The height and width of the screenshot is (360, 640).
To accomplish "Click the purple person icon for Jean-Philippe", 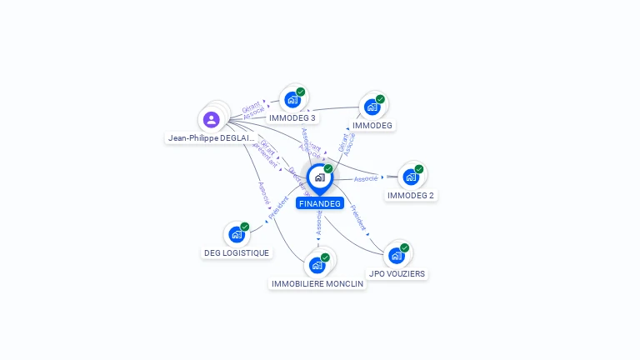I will pyautogui.click(x=212, y=119).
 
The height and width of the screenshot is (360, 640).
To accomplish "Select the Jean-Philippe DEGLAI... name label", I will pyautogui.click(x=211, y=138).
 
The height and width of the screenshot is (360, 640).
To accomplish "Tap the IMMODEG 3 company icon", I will pyautogui.click(x=292, y=100).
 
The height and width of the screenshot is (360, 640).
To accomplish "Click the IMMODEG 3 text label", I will pyautogui.click(x=292, y=118).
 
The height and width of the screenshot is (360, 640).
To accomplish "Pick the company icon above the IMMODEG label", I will pyautogui.click(x=372, y=107).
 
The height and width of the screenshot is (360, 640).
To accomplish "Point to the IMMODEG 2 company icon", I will pyautogui.click(x=410, y=177).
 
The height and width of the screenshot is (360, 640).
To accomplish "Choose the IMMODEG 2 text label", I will pyautogui.click(x=411, y=196).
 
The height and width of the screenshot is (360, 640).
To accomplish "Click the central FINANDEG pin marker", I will pyautogui.click(x=319, y=177).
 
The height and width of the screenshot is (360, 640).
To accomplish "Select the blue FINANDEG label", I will pyautogui.click(x=319, y=203).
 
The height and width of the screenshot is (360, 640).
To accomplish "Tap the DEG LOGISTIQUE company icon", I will pyautogui.click(x=236, y=235).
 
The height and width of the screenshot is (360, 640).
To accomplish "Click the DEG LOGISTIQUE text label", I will pyautogui.click(x=237, y=253).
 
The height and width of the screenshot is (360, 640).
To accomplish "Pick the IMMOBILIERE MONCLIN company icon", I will pyautogui.click(x=317, y=266).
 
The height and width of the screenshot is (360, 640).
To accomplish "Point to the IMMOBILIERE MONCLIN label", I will pyautogui.click(x=317, y=284).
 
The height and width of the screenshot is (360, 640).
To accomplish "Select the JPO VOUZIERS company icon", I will pyautogui.click(x=396, y=255).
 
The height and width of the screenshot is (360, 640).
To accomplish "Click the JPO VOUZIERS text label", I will pyautogui.click(x=397, y=273).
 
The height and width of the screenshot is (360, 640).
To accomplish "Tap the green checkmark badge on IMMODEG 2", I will pyautogui.click(x=419, y=169).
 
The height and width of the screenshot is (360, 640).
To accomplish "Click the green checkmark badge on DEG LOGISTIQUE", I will pyautogui.click(x=245, y=227).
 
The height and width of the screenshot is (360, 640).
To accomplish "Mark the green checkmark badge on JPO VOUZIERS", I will pyautogui.click(x=405, y=247).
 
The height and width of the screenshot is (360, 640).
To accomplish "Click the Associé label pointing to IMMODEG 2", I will pyautogui.click(x=366, y=178).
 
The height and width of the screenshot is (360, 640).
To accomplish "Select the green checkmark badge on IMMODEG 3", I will pyautogui.click(x=301, y=92).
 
